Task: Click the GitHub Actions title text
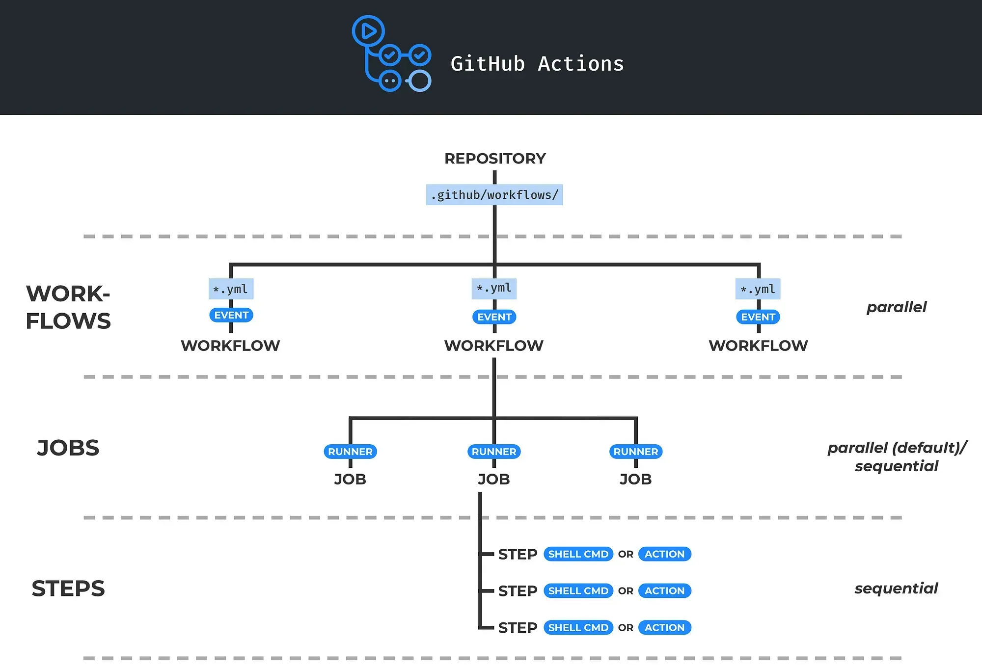[537, 64]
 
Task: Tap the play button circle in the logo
[368, 31]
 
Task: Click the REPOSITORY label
[495, 159]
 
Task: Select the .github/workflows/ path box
[494, 195]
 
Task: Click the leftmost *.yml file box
[231, 289]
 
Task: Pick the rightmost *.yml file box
[758, 289]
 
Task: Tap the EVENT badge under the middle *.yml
[494, 317]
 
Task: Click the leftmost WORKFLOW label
[230, 346]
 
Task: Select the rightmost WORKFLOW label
[758, 346]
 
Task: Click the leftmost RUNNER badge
[350, 452]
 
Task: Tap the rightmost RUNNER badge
[636, 452]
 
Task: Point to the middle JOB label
[494, 479]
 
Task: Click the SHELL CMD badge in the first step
[578, 554]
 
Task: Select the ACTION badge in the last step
[664, 628]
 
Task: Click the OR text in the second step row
[626, 591]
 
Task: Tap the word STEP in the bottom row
[518, 628]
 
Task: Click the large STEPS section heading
[68, 589]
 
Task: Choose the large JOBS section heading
[68, 448]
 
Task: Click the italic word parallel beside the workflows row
[897, 307]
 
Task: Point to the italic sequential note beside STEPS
[897, 589]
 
